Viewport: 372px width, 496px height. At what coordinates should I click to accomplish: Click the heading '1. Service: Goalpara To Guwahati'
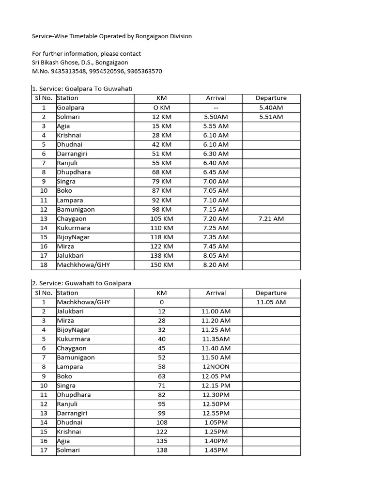pos(82,89)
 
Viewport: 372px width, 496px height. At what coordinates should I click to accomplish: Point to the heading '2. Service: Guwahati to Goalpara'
pos(81,283)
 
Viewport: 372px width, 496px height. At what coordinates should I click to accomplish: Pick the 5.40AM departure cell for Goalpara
pos(271,108)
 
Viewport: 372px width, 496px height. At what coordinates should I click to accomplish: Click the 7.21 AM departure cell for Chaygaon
pos(271,218)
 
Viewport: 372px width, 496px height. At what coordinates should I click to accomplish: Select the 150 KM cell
pos(161,265)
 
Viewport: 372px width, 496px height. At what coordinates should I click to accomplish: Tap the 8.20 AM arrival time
pos(216,265)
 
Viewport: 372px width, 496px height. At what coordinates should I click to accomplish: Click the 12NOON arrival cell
pos(216,367)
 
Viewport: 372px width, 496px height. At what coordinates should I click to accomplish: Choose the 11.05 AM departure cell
pos(271,302)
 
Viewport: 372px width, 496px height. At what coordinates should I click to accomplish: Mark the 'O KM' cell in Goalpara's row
pos(161,108)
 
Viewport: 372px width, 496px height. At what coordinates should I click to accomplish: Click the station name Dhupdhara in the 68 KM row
pos(74,172)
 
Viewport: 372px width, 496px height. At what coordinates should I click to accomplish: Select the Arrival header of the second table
pos(216,293)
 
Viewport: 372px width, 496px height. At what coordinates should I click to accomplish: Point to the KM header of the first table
pos(161,98)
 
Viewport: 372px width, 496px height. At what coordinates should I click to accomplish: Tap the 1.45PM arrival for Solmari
pos(216,450)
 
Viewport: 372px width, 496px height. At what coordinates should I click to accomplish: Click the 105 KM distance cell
pos(161,218)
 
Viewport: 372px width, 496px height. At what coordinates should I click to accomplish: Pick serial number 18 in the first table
pos(44,265)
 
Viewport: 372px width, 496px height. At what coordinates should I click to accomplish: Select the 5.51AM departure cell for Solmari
pos(271,117)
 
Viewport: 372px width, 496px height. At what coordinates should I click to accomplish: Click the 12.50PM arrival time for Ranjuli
pos(216,404)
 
